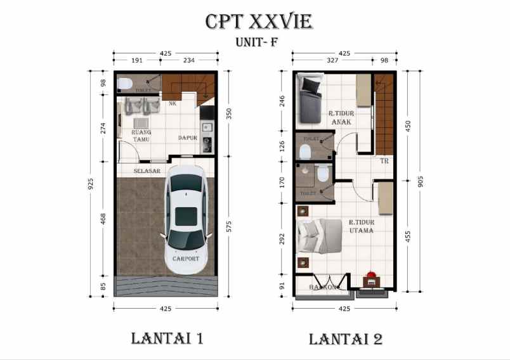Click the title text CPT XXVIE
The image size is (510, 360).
[258, 22]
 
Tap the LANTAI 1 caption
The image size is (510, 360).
[167, 338]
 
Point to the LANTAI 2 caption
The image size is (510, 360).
[346, 338]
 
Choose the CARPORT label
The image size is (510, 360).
[186, 259]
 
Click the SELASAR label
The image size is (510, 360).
[147, 171]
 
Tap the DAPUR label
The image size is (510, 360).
[188, 138]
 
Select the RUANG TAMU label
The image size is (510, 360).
[141, 136]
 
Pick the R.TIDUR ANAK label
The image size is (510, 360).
[341, 118]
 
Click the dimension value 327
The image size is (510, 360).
[331, 61]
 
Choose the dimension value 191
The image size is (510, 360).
[136, 61]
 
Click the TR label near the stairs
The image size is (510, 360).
[384, 161]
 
